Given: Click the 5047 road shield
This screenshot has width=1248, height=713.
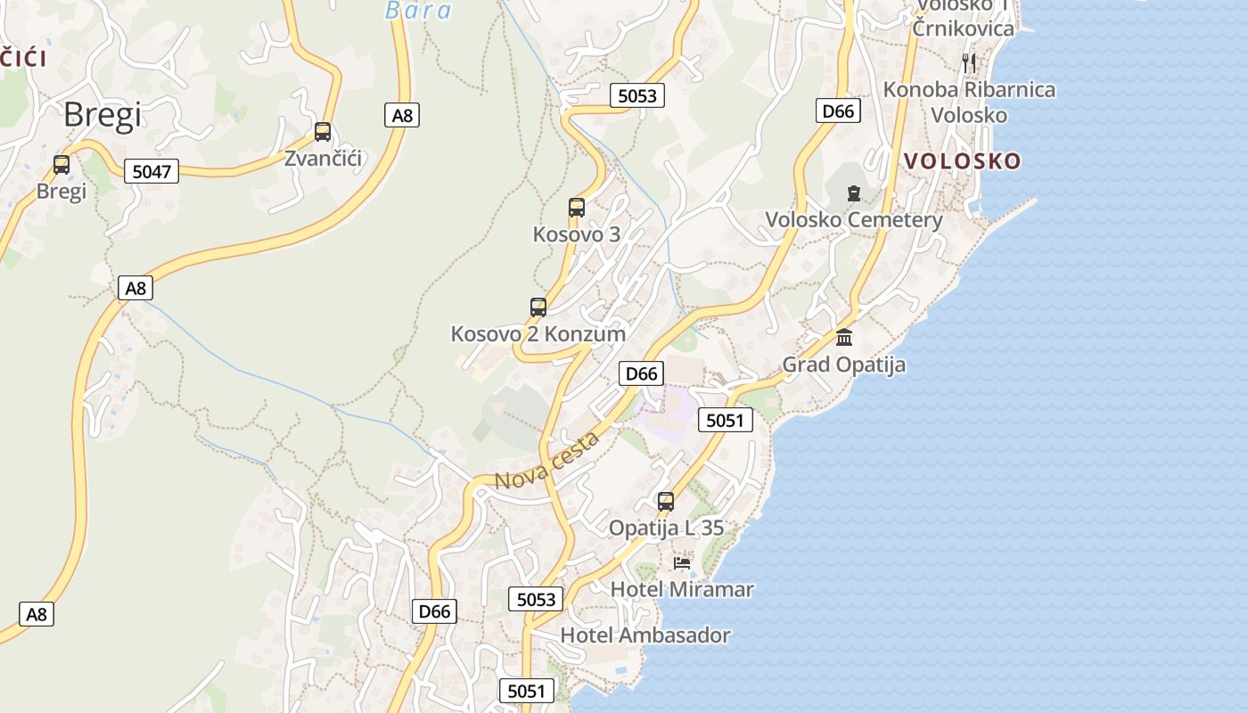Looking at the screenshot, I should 152,171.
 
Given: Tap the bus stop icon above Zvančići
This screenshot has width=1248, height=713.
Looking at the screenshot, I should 323,132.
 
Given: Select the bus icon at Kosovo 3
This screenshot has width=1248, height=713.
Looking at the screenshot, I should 577,208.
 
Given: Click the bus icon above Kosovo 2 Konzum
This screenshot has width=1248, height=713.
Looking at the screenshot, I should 538,307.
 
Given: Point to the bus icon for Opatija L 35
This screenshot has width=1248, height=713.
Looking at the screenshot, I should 666,502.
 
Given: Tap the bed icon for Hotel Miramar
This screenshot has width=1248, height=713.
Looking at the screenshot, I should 682,562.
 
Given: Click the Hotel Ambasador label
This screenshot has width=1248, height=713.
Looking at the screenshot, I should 645,635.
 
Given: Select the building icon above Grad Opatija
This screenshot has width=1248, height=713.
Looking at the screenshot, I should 844,337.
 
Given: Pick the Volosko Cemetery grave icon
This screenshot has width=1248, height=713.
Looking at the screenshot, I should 854,193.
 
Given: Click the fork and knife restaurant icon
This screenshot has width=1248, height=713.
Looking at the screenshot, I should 970,62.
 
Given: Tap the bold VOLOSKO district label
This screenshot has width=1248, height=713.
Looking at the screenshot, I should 963,161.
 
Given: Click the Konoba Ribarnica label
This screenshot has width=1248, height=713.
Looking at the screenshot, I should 969,90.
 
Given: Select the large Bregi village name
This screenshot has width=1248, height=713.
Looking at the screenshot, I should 103,115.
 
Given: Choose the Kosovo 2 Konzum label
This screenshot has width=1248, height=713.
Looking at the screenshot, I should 538,334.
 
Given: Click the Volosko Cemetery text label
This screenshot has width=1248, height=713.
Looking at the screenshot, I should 853,220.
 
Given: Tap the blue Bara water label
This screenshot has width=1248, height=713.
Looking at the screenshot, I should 418,11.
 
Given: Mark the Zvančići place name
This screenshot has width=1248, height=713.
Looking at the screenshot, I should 323,159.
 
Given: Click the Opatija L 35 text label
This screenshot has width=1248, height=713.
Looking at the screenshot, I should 666,529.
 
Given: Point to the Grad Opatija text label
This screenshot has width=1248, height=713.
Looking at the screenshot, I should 843,365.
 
